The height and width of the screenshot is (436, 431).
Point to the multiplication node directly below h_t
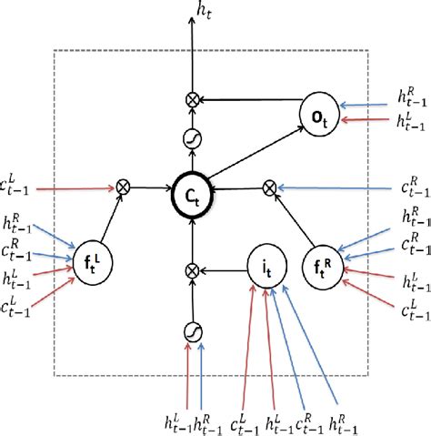(x=192, y=98)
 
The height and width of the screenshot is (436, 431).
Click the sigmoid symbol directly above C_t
(x=192, y=137)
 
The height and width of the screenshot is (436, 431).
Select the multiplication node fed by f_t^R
(x=268, y=188)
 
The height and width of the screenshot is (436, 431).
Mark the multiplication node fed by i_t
(x=192, y=269)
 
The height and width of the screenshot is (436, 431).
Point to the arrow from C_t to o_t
(x=259, y=154)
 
